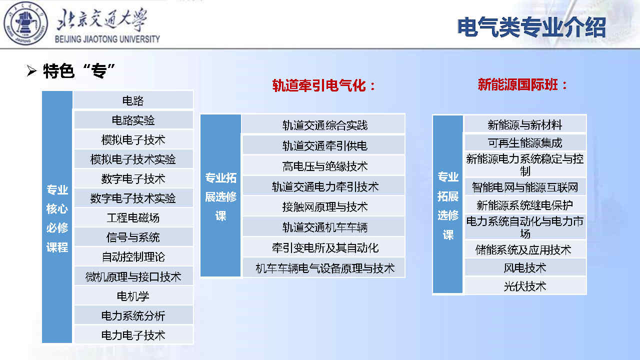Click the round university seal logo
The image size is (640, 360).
pos(25,23)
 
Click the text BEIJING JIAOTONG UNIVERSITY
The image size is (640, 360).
pos(107,39)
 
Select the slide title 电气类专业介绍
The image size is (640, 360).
pos(531,27)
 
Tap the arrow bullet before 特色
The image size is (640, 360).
pos(31,70)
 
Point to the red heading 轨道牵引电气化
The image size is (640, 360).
pos(323,85)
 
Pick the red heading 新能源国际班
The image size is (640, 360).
pos(522,84)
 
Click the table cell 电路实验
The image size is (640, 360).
pos(133,120)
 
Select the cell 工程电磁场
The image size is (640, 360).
pos(133,217)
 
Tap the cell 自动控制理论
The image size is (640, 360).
pos(133,256)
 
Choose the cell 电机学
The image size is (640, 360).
pos(133,296)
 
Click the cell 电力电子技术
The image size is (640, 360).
pos(133,335)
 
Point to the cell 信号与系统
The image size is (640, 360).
pos(133,237)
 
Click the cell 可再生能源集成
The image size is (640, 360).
pos(525,142)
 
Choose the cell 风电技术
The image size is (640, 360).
pos(525,267)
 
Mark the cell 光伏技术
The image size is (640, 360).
pos(525,285)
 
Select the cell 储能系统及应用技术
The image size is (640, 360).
pos(525,249)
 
